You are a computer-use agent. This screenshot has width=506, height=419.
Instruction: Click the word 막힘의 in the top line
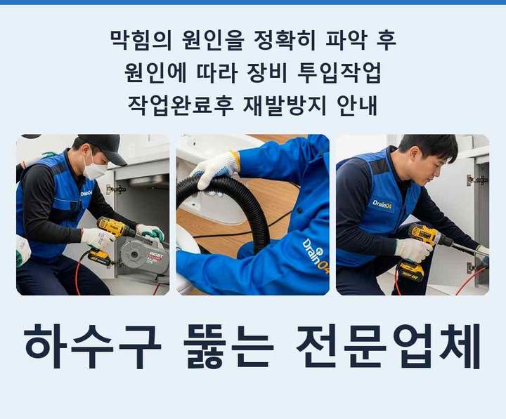141,40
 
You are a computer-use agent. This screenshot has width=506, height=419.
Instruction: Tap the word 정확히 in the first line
285,40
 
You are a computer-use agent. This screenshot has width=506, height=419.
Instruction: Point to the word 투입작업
339,73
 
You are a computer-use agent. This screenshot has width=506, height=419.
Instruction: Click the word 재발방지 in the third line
285,105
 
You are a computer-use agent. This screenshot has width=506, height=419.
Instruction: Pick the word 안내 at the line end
356,105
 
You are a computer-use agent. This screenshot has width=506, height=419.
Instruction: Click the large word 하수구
93,346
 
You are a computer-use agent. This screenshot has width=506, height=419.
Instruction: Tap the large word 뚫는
228,346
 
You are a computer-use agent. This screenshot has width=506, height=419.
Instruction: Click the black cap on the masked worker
103,147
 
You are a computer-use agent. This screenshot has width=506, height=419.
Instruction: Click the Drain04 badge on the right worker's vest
382,204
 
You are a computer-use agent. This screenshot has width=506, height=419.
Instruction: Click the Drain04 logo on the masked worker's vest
86,194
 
